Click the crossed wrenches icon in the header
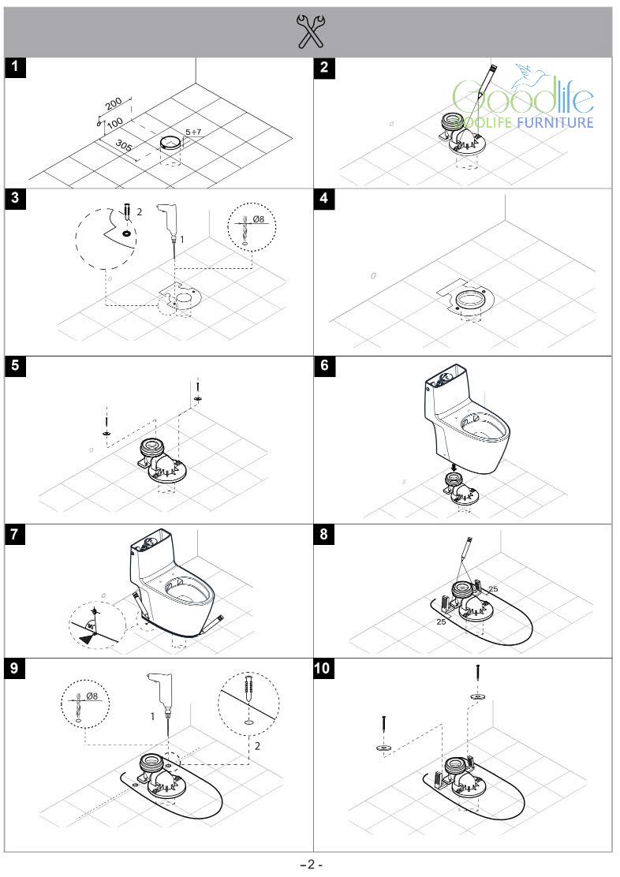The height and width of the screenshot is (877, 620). (x=310, y=32)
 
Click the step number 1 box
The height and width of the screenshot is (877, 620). (x=15, y=67)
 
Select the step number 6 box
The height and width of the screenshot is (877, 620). (x=324, y=366)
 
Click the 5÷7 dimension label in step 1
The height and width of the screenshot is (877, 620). (x=194, y=132)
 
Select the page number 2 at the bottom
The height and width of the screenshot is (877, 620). (x=311, y=864)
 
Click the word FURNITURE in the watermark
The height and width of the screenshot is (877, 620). (x=555, y=122)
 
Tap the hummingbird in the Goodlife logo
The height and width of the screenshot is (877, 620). (x=530, y=77)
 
